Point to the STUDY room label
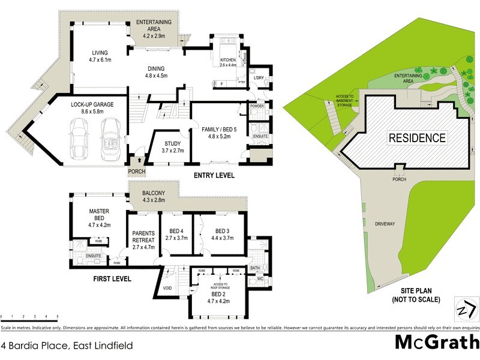click(x=173, y=146)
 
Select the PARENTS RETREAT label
click(x=143, y=239)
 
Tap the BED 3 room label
click(x=223, y=234)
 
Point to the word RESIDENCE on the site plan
click(x=418, y=137)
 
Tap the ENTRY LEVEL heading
click(x=214, y=175)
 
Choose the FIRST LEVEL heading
click(x=112, y=279)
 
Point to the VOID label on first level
click(x=168, y=289)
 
